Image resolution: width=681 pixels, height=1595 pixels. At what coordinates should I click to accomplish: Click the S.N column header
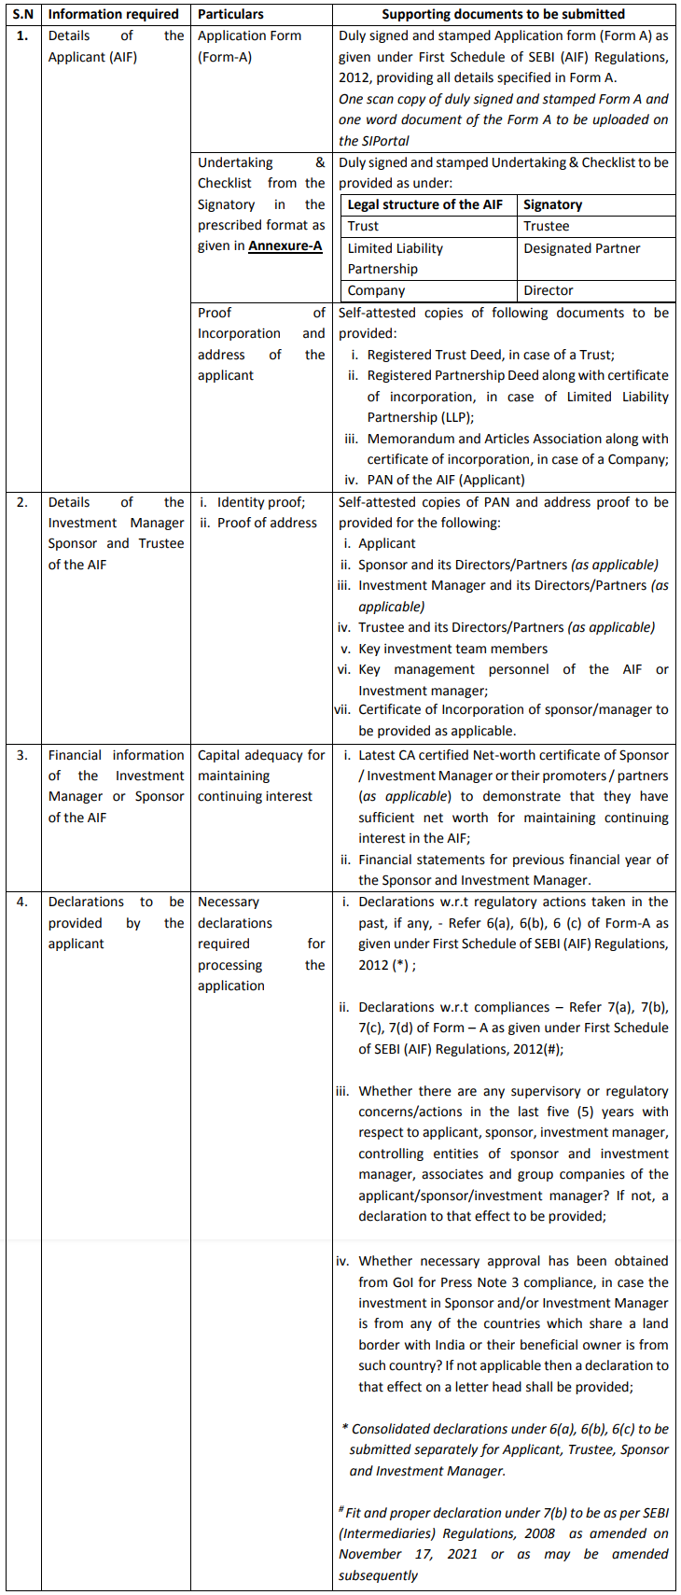click(x=23, y=14)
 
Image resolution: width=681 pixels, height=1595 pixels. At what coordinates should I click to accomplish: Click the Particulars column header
click(x=230, y=14)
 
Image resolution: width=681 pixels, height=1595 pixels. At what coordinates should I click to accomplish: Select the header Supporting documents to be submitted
click(x=504, y=14)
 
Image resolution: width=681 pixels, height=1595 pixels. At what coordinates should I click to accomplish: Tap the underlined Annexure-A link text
click(x=285, y=246)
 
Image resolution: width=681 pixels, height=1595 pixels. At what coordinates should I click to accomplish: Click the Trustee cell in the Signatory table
click(x=547, y=226)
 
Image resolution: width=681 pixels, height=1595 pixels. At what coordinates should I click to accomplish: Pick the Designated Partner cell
click(x=582, y=248)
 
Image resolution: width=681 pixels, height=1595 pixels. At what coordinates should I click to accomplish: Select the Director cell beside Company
click(x=549, y=290)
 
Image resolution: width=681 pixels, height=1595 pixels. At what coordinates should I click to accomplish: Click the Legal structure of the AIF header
click(x=424, y=204)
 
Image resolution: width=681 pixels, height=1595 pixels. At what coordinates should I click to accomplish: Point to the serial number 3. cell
click(x=22, y=755)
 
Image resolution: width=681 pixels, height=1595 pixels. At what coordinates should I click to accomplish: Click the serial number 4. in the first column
click(x=22, y=902)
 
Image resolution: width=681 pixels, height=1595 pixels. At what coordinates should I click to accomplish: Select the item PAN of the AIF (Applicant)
click(x=446, y=480)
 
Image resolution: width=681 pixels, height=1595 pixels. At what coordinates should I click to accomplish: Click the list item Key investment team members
click(x=453, y=649)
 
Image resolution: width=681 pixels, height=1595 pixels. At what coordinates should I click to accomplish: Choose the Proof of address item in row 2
click(x=267, y=523)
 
